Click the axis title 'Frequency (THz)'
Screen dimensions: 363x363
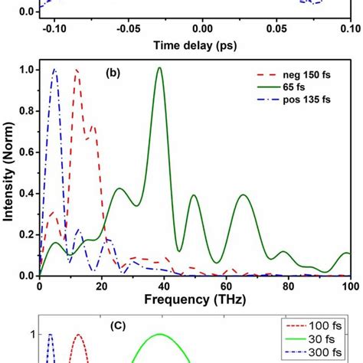coord(195,300)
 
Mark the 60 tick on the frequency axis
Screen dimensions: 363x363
coord(225,286)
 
